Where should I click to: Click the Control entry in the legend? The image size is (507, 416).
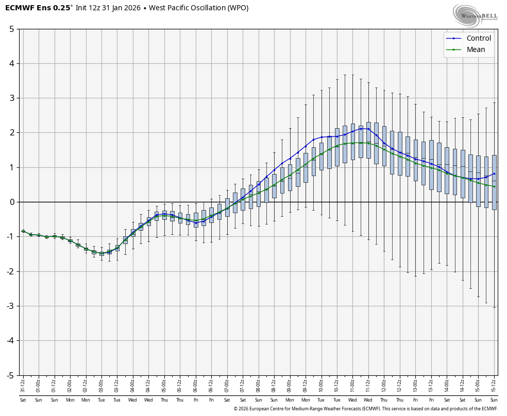click(x=479, y=38)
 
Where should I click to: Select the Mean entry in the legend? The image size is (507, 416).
click(x=476, y=49)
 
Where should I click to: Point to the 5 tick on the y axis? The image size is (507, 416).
click(x=11, y=29)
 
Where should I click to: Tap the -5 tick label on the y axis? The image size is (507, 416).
click(x=10, y=375)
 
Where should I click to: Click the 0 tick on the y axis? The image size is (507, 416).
click(x=11, y=202)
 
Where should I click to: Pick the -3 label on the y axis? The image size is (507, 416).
click(x=10, y=306)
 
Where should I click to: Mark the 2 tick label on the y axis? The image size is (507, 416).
click(x=11, y=133)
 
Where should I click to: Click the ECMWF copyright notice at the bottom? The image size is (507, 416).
click(x=365, y=409)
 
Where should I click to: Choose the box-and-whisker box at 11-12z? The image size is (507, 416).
click(x=368, y=140)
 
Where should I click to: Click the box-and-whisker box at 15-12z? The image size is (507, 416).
click(x=495, y=182)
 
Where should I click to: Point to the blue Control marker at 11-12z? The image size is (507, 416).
click(x=368, y=129)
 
